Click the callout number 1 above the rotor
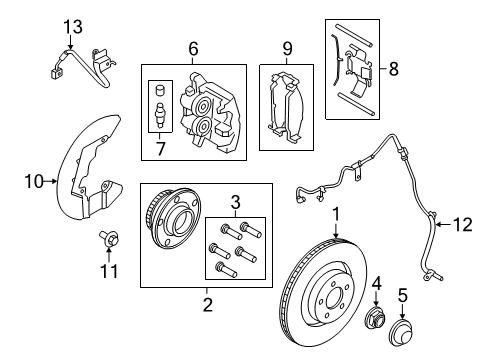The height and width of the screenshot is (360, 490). coord(336,241)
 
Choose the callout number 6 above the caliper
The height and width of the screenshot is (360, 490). coord(193,47)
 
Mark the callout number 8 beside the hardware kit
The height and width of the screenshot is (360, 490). coord(392,69)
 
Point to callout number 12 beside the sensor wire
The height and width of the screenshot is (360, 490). coord(460,226)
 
